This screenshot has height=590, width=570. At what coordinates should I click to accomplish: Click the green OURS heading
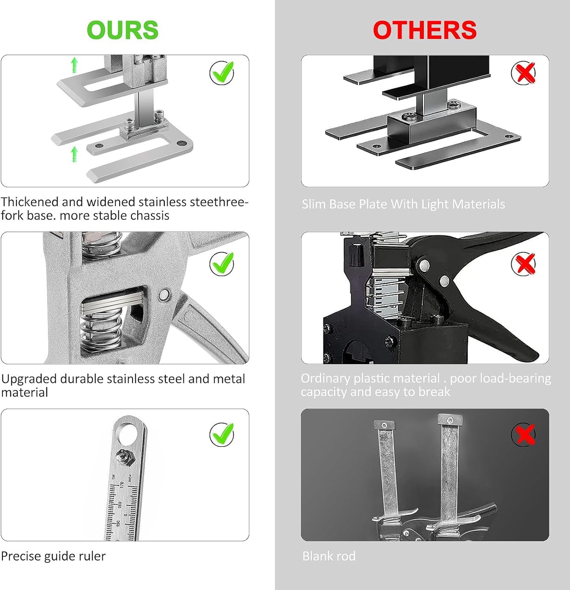(x=122, y=30)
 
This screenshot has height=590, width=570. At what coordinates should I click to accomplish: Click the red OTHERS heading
(x=424, y=30)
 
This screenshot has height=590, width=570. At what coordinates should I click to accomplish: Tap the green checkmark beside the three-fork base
(x=222, y=73)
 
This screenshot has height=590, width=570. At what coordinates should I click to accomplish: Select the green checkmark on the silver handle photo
(x=222, y=263)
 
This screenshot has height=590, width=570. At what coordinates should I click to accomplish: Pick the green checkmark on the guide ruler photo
(x=222, y=434)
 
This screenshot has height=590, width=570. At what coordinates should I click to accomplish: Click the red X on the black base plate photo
(x=523, y=73)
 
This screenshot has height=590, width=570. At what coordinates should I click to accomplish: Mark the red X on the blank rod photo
(x=524, y=435)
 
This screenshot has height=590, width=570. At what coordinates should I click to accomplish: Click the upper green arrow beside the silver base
(x=74, y=65)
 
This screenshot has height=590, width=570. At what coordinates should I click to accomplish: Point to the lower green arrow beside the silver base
(x=74, y=154)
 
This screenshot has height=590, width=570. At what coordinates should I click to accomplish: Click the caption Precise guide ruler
(x=53, y=556)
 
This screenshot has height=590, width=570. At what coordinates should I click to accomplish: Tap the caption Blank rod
(x=329, y=556)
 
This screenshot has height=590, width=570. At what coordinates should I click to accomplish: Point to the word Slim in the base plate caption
(x=314, y=204)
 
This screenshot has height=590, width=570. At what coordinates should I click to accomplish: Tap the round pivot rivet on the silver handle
(x=164, y=295)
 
